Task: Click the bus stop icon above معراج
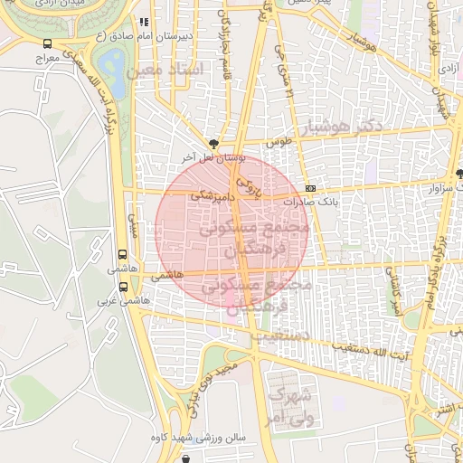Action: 47,43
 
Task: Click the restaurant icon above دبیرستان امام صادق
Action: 143,22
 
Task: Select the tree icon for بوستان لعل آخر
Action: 213,143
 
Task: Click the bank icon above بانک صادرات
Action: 311,188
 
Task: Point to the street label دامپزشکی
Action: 215,194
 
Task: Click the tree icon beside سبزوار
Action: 459,173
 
